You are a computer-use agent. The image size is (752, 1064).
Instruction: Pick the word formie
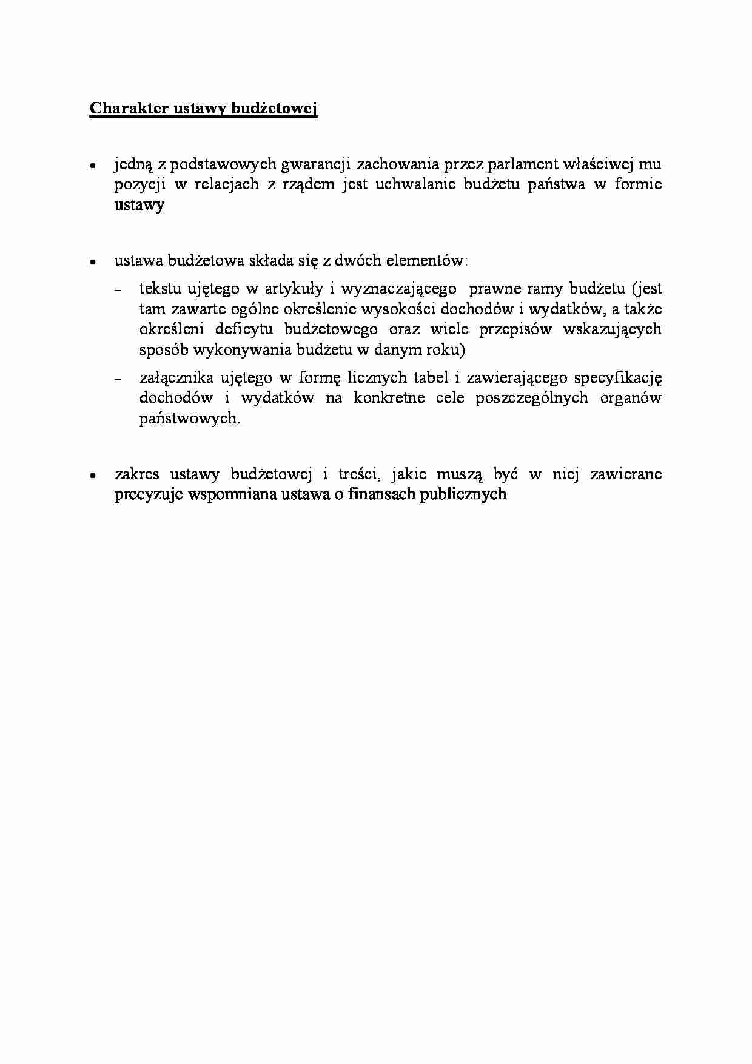coord(638,184)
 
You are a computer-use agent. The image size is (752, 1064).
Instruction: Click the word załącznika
coord(176,378)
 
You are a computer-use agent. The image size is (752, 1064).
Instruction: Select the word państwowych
coord(189,419)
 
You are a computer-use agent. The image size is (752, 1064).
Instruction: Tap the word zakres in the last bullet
coord(136,474)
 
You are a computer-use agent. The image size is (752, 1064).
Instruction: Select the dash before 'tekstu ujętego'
coord(118,290)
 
